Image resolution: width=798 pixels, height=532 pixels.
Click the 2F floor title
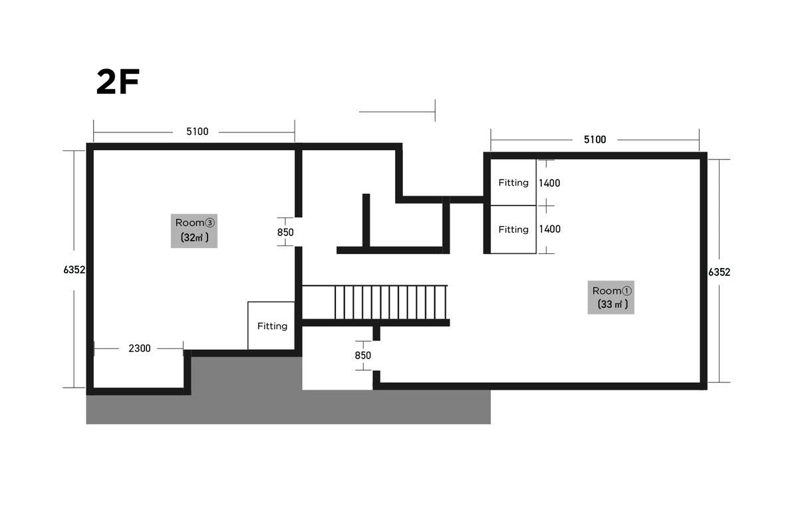pos(118,82)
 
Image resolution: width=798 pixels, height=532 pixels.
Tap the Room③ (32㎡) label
pos(194,231)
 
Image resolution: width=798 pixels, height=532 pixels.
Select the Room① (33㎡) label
pos(611,297)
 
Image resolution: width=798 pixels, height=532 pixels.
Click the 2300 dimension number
pos(139,348)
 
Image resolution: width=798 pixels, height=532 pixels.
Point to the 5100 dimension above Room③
pos(197,132)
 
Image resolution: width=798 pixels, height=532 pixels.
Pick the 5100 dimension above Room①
pos(595,140)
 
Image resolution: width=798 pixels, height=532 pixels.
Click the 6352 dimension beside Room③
pos(74,270)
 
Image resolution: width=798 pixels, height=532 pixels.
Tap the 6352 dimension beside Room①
pos(719,272)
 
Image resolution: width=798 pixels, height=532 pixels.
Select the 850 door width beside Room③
pos(285,232)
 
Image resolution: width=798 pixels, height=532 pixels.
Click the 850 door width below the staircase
pos(362,355)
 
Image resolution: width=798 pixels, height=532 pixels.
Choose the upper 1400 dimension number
pos(549,183)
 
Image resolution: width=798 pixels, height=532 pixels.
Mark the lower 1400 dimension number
pos(549,229)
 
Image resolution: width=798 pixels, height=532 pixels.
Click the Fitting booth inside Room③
pos(271,326)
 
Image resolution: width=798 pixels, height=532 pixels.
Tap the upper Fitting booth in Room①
pos(513,182)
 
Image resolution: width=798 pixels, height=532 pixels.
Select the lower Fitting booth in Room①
pos(513,229)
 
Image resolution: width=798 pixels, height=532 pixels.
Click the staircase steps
pos(390,302)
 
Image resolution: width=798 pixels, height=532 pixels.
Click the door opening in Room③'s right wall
pos(299,232)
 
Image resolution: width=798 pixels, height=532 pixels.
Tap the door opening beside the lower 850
pos(376,356)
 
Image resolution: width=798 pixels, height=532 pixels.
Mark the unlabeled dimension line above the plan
pos(397,112)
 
